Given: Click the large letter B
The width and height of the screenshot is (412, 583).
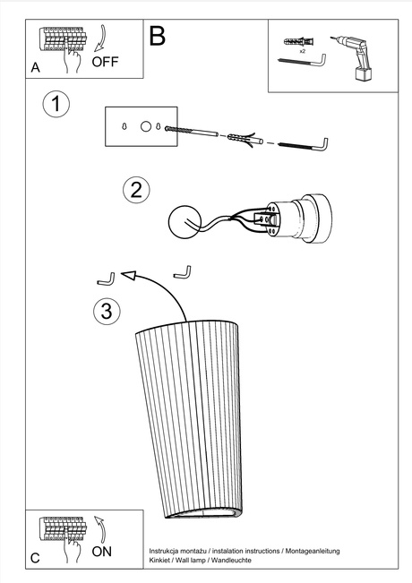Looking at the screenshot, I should [x=158, y=36].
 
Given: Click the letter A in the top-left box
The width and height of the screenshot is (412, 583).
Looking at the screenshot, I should [x=35, y=67].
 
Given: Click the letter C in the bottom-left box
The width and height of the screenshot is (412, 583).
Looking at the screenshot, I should [x=35, y=558].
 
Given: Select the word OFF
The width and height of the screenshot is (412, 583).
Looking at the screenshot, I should [x=105, y=62].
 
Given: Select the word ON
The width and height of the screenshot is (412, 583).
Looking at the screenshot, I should [x=102, y=553].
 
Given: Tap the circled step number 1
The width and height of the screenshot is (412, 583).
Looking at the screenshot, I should [x=56, y=104].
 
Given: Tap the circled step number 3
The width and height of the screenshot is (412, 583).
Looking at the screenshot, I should [x=106, y=311].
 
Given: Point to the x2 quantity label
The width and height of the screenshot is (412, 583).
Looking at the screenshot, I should [x=302, y=53].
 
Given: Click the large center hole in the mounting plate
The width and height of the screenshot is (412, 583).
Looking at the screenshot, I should [x=146, y=127].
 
